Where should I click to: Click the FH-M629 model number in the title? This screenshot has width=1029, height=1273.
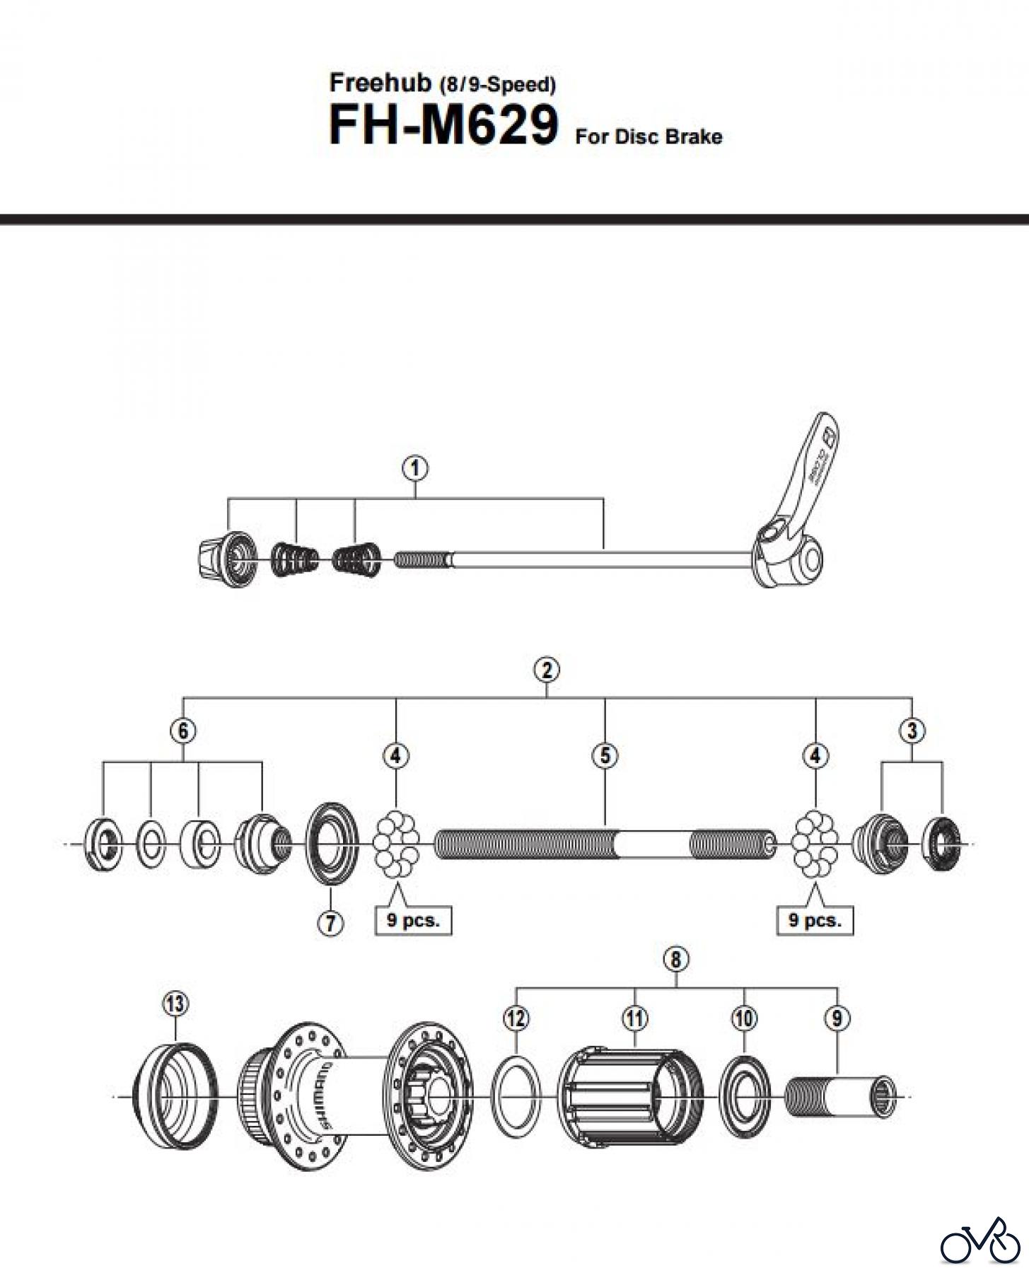[443, 126]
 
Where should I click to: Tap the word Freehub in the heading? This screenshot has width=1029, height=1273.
[380, 83]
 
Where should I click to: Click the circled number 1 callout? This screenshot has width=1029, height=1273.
[415, 468]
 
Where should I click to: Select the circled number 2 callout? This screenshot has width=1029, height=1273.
[547, 669]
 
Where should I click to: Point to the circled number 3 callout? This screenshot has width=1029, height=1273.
[912, 730]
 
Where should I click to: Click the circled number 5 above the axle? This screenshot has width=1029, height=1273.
[605, 755]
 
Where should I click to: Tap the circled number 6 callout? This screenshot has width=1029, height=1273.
[183, 730]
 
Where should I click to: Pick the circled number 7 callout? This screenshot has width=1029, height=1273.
[330, 922]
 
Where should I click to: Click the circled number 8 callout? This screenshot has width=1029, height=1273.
[676, 959]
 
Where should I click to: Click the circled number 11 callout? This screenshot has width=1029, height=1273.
[634, 1018]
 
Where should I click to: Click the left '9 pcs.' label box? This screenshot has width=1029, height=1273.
[413, 920]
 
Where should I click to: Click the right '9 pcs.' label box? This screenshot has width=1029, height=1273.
[815, 920]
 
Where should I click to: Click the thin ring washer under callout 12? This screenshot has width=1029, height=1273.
[516, 1095]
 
